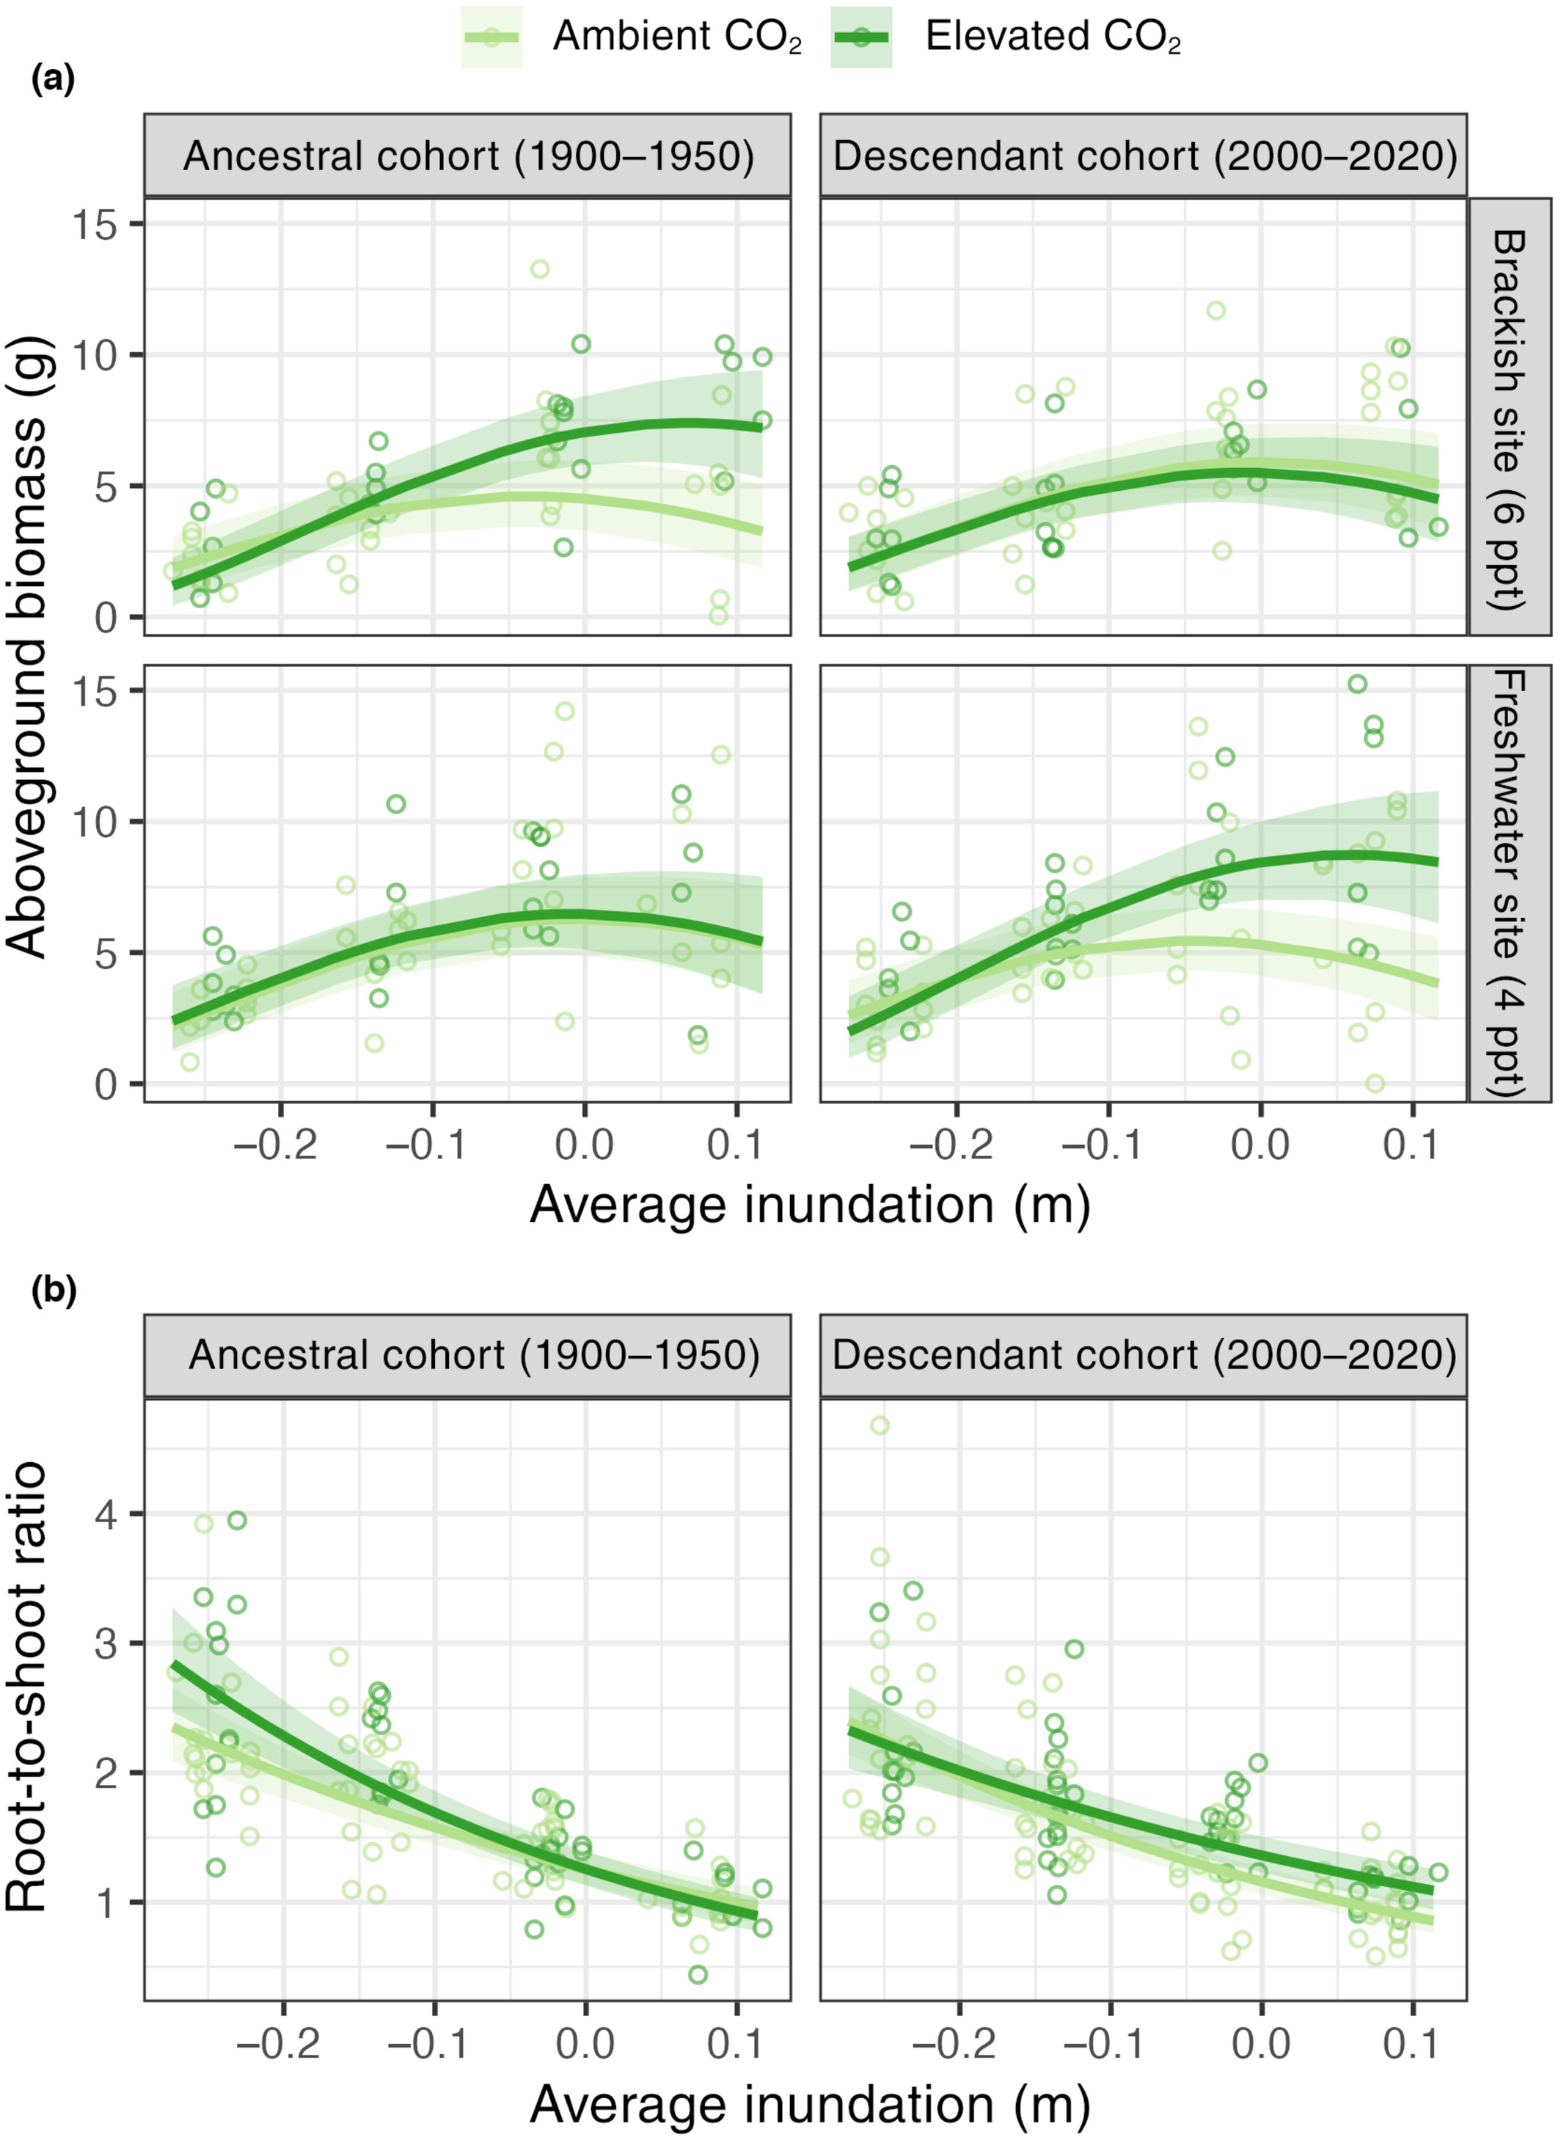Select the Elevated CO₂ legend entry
[1006, 37]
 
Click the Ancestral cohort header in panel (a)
[468, 156]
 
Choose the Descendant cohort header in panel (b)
[1144, 1354]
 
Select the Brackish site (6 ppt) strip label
[1509, 417]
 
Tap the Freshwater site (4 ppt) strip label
[1509, 883]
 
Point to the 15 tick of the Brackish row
[101, 224]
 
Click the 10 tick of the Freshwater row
[101, 822]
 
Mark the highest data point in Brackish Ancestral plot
[540, 269]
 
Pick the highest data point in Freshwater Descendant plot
[1357, 684]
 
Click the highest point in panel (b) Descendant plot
[880, 1425]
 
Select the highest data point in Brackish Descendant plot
[1216, 311]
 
